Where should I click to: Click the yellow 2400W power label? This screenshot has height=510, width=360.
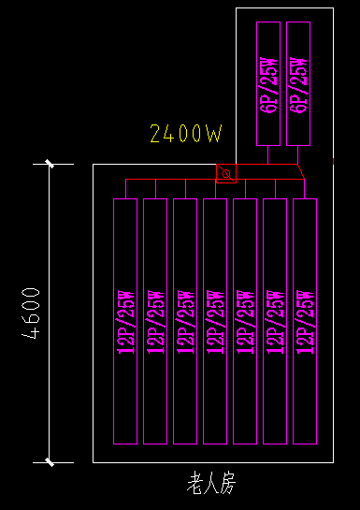186,134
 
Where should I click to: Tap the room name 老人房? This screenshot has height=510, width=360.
213,484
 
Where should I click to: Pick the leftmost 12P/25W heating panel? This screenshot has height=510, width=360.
125,321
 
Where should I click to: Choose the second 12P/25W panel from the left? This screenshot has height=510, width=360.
155,321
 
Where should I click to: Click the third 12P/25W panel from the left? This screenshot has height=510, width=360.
185,321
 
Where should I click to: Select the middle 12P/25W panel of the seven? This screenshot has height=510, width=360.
215,321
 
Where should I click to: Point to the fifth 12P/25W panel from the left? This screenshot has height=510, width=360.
245,321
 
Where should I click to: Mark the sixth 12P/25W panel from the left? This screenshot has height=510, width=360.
275,321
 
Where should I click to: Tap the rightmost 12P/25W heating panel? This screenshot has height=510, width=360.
305,321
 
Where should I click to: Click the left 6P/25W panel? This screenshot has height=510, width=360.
267,83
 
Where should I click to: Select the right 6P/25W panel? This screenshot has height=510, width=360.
297,83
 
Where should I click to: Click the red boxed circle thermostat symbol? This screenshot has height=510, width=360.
225,174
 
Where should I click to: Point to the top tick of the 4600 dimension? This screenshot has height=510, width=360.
50,164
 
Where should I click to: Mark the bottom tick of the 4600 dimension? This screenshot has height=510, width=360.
50,462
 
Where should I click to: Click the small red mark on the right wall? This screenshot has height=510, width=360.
333,162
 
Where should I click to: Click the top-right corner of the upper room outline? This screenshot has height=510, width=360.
334,7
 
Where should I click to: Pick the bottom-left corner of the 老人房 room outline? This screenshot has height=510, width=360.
93,462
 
